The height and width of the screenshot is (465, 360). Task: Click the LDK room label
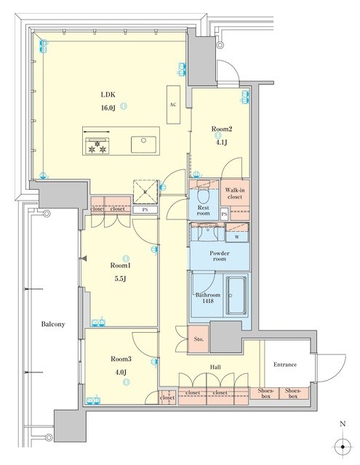point(108,95)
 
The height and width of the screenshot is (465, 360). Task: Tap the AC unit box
point(173,105)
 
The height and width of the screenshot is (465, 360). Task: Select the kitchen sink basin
point(144,145)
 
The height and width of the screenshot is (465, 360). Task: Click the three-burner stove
point(97,145)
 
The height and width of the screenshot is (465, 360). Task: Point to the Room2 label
point(221,129)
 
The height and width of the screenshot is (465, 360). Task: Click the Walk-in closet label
point(235,193)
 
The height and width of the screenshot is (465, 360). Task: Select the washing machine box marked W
point(237,232)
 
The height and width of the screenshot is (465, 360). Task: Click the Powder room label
point(220,256)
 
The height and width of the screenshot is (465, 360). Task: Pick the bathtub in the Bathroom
point(236,296)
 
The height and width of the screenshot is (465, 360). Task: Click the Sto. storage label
point(199,339)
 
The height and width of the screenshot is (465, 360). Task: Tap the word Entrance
point(285,365)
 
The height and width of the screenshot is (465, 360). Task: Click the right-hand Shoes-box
point(293,393)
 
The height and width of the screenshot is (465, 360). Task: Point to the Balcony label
point(53,324)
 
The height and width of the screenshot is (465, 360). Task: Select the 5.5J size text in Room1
point(121,279)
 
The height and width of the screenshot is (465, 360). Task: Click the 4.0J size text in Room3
point(121,372)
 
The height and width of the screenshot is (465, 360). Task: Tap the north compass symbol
point(343,447)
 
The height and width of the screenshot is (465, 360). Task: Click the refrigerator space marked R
point(145,192)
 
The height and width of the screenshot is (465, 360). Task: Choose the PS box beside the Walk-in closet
point(225,214)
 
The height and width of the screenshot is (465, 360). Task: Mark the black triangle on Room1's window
point(84,259)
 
